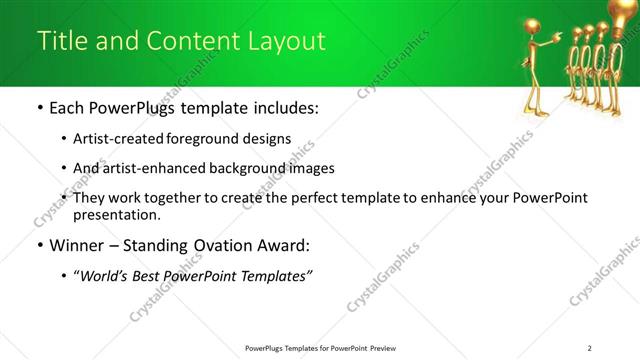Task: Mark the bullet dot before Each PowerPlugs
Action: coord(39,108)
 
